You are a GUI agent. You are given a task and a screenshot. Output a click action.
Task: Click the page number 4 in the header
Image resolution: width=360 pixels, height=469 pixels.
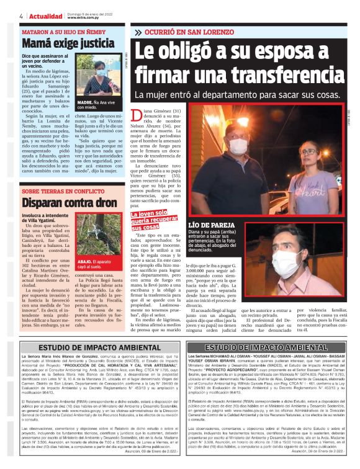(x=22, y=16)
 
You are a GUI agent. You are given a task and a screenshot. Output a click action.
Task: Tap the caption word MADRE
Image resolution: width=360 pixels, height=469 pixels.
(x=85, y=100)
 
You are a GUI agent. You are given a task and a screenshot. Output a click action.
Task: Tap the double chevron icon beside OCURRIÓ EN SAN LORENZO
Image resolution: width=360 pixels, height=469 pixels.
(x=138, y=31)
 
